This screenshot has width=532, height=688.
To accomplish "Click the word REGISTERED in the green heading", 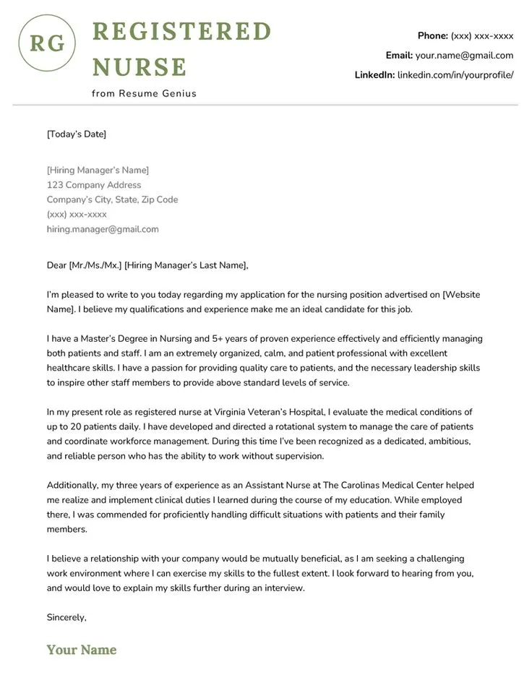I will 181,32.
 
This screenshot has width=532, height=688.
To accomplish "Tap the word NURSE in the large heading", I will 140,67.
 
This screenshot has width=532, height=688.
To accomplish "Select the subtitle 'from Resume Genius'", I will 144,93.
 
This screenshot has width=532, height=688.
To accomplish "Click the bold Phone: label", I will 432,35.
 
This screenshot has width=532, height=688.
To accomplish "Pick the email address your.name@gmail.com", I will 464,55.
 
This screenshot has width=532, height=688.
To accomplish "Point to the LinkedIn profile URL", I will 455,74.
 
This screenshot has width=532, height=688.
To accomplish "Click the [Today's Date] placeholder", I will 77,134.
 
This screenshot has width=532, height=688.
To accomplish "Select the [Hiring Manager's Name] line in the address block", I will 98,170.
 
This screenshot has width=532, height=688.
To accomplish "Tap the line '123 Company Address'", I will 94,185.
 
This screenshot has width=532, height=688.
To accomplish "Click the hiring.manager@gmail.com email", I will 103,229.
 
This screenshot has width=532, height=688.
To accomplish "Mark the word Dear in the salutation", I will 56,265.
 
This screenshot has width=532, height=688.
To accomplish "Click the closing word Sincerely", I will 66,617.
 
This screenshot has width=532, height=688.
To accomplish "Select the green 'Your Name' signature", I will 82,650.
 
